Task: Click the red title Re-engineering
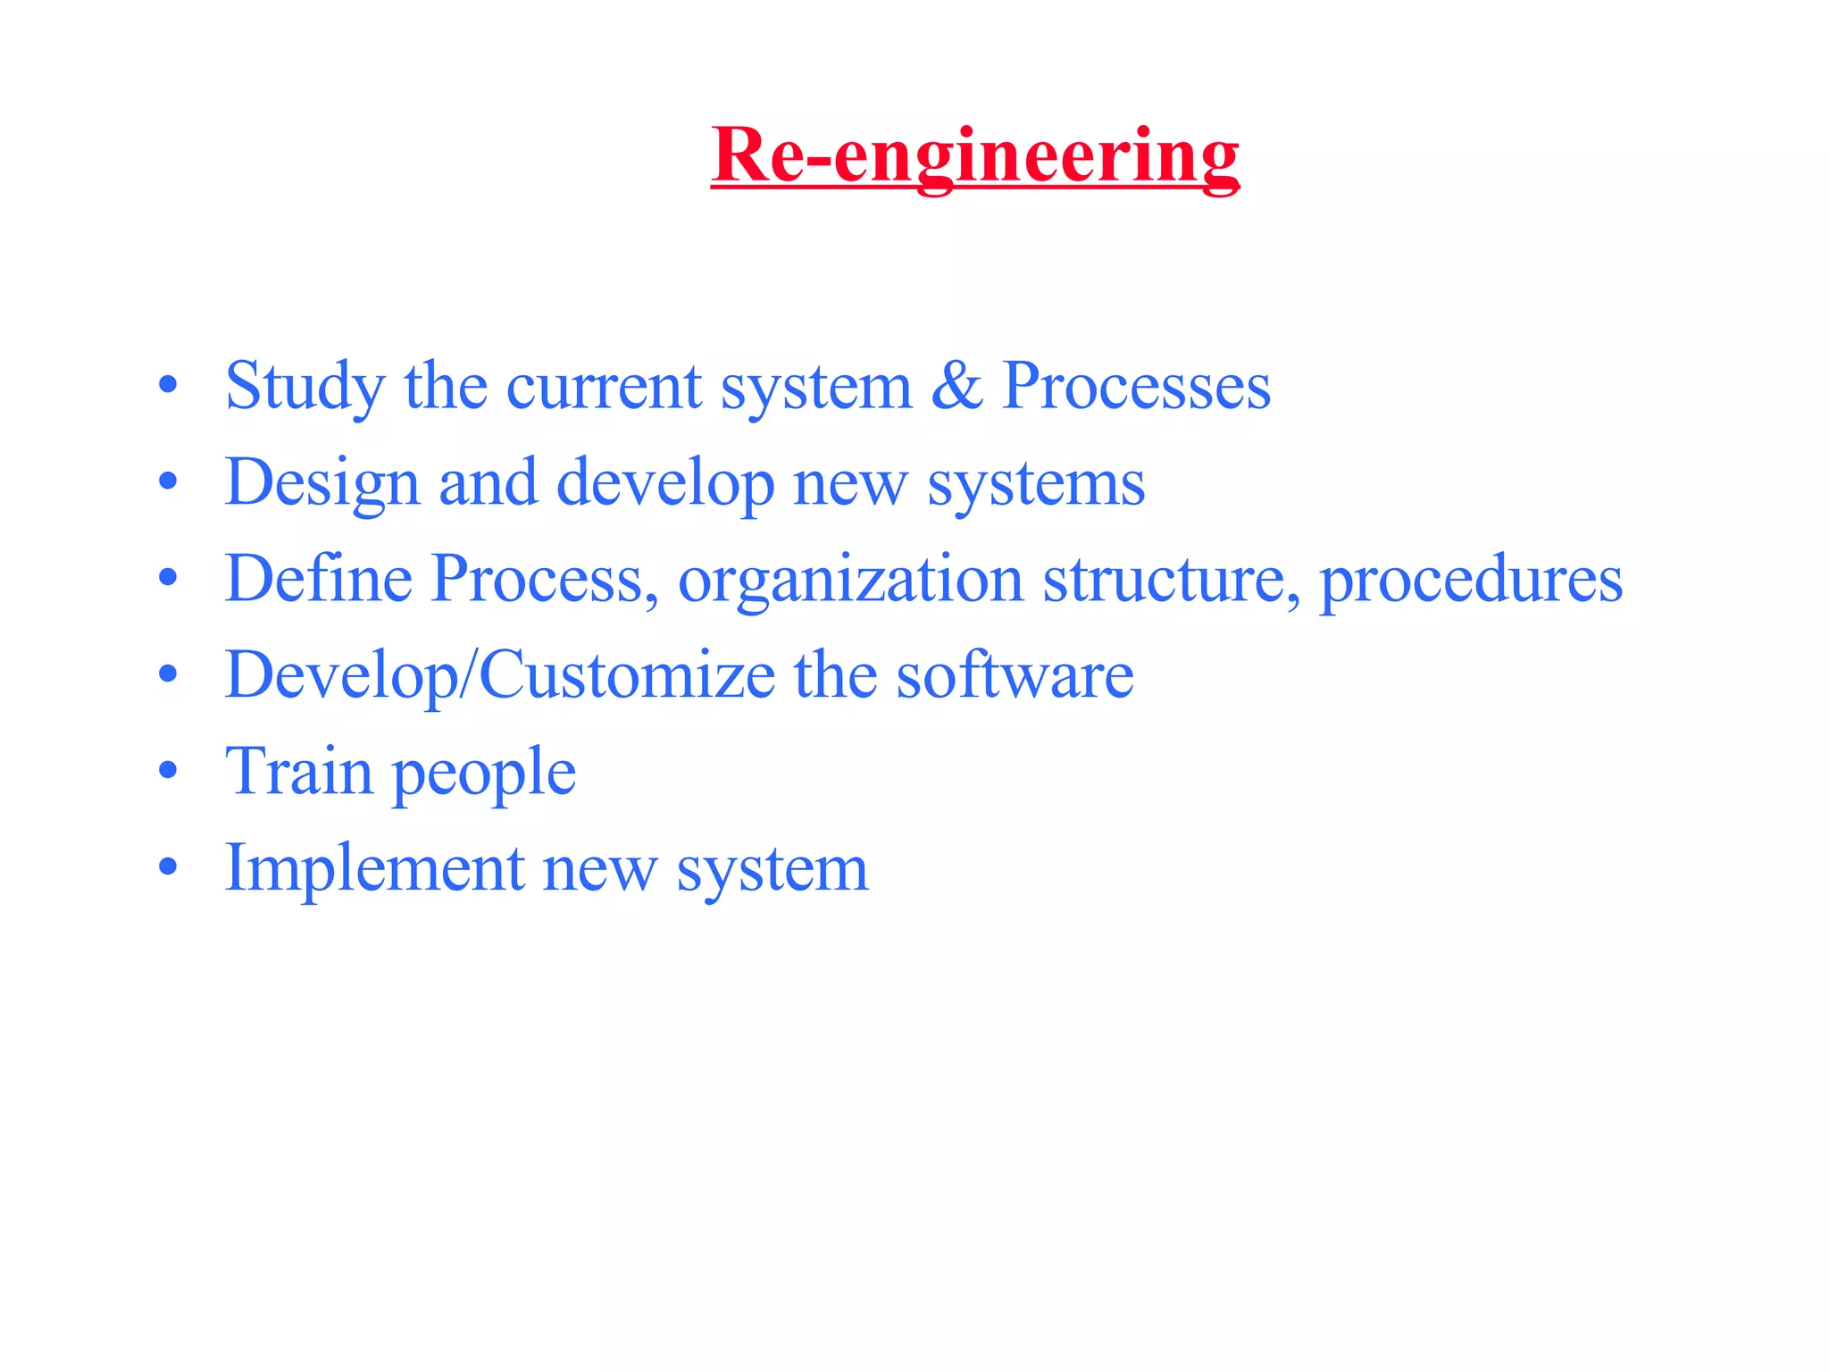(974, 156)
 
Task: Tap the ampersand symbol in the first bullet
(956, 386)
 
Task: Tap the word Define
(318, 579)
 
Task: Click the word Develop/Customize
(500, 676)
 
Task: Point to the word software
(1015, 675)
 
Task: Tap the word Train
(298, 771)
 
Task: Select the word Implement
(375, 868)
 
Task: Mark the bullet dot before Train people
(168, 771)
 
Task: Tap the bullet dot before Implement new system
(168, 866)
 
